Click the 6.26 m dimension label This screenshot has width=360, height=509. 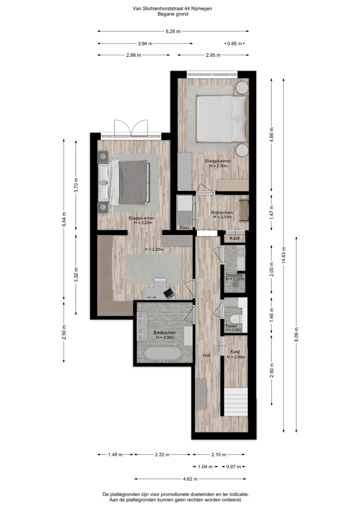(x=173, y=31)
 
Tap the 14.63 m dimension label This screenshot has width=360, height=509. (x=283, y=255)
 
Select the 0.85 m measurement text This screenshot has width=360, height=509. (x=235, y=44)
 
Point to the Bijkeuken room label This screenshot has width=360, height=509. (x=222, y=213)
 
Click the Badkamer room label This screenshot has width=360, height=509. (x=165, y=333)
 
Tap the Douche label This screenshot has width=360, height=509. (x=234, y=275)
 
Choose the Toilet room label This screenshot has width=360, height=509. (x=231, y=326)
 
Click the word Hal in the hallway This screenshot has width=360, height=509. (x=207, y=355)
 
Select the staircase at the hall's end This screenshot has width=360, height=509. (x=236, y=402)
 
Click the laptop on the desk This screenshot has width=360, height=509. (x=169, y=293)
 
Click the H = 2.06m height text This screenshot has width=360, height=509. (x=236, y=357)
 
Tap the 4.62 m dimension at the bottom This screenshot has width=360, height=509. (x=190, y=479)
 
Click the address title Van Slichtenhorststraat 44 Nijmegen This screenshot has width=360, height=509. (x=172, y=8)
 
